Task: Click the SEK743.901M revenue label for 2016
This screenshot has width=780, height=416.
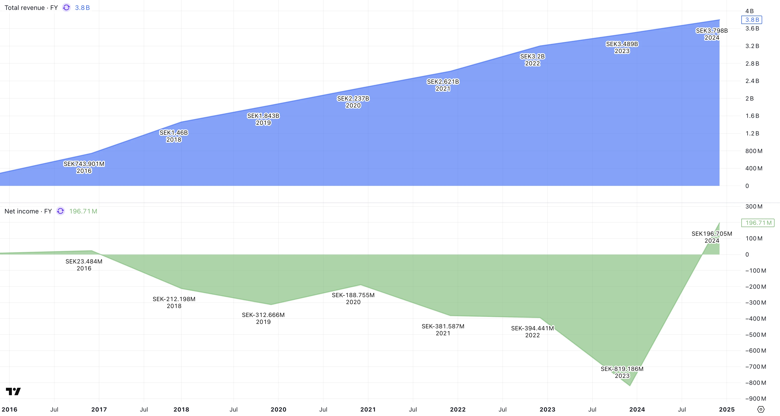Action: click(84, 164)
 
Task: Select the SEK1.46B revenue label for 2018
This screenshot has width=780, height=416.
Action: click(174, 133)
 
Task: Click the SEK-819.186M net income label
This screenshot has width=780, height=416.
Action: click(622, 369)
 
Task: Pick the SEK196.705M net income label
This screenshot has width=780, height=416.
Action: click(712, 234)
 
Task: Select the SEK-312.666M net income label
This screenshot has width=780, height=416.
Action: click(263, 315)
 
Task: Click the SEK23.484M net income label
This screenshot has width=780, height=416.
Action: click(84, 261)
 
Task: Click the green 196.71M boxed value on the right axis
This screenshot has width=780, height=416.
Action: click(758, 223)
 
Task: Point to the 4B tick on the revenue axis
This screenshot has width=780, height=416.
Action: click(750, 11)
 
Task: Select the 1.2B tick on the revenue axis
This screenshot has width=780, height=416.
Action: click(752, 133)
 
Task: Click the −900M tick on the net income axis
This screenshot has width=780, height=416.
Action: click(755, 399)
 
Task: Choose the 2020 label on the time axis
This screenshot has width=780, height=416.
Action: click(278, 410)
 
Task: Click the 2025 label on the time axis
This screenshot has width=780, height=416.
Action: click(727, 410)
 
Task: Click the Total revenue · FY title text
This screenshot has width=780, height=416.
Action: click(31, 8)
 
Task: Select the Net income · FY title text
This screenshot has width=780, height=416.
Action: click(28, 211)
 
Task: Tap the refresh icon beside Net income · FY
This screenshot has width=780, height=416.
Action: click(60, 211)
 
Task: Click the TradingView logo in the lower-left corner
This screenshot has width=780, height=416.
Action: click(13, 391)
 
